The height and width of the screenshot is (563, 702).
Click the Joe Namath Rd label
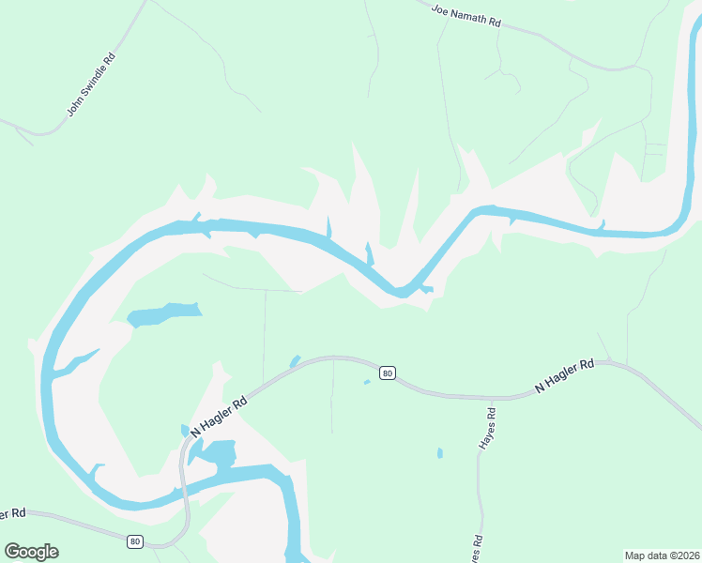[x=466, y=17]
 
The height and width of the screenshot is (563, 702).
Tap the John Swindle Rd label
[x=91, y=84]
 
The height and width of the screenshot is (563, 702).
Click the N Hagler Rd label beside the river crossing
[x=219, y=416]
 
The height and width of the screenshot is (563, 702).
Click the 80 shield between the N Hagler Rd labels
[x=388, y=373]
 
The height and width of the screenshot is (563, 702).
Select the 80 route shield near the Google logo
[x=136, y=541]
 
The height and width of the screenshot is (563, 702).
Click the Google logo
[x=31, y=552]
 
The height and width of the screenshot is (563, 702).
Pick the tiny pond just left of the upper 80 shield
[x=367, y=382]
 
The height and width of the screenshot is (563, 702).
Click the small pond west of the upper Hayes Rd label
[x=440, y=453]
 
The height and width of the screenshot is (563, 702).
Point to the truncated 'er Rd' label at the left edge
[x=11, y=514]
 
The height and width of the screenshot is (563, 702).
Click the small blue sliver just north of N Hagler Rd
[x=295, y=361]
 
